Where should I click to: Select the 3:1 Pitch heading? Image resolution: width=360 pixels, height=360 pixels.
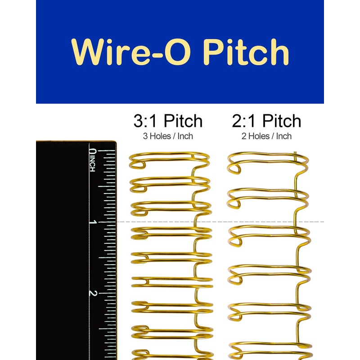(x=168, y=121)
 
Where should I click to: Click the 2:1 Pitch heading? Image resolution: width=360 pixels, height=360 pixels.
(x=266, y=121)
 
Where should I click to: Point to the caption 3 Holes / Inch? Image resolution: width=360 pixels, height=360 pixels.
(x=168, y=136)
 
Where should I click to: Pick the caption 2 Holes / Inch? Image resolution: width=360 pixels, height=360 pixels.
(x=266, y=136)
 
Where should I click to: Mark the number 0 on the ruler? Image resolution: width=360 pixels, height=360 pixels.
(x=93, y=152)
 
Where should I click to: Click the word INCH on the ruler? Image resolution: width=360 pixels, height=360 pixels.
(x=92, y=164)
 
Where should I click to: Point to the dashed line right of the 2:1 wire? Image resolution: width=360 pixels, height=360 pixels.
(x=317, y=222)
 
